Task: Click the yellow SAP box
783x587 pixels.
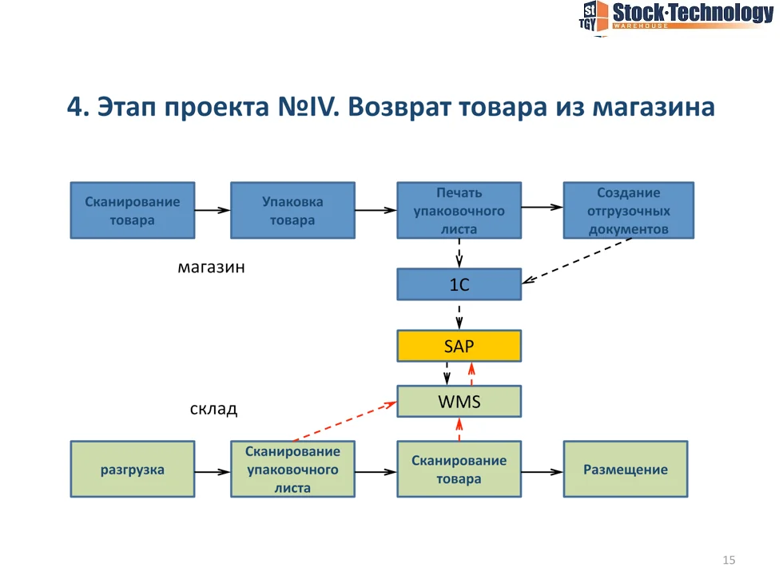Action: (x=459, y=346)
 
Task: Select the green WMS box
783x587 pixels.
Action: (x=459, y=401)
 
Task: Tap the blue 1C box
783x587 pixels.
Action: (x=459, y=284)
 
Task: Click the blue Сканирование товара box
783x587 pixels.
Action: (x=132, y=210)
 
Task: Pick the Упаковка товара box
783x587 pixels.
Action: (x=292, y=210)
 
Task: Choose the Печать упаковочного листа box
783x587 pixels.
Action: (x=459, y=210)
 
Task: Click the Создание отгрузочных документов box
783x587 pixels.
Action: (x=628, y=210)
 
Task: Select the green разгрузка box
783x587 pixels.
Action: (x=132, y=470)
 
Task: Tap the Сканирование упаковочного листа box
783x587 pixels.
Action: (x=292, y=470)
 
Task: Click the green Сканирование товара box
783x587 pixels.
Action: (x=459, y=470)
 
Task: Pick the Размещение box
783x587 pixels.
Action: (x=625, y=470)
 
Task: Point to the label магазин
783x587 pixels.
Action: (x=211, y=268)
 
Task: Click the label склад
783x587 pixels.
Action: (x=213, y=410)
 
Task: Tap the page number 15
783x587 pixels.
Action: (x=728, y=560)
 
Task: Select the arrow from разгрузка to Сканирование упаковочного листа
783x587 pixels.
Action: (x=213, y=471)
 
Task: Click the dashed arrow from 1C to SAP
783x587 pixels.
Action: (x=459, y=315)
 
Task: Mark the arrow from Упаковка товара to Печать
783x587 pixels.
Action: (x=376, y=211)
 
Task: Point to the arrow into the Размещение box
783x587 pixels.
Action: (x=542, y=471)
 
